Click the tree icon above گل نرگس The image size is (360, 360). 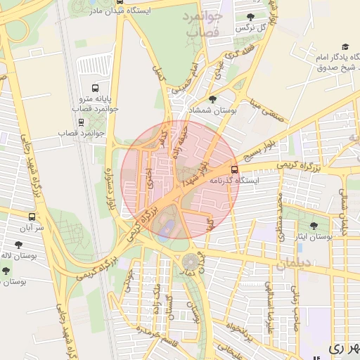[x=251, y=16]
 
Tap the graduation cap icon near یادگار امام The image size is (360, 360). [x=345, y=46]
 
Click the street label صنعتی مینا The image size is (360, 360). [x=269, y=111]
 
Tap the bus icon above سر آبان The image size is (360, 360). [x=32, y=217]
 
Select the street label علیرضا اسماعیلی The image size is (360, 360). [x=269, y=298]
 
